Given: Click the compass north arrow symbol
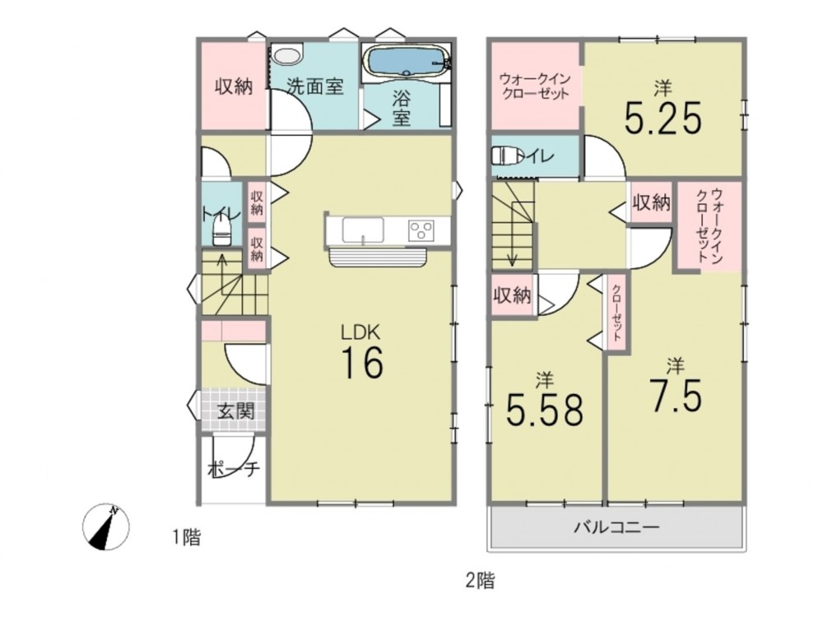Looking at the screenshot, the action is point(106,527).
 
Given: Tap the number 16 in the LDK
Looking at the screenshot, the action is point(363,363).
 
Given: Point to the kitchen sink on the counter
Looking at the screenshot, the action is point(363,230).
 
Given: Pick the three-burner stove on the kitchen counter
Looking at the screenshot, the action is point(421,230).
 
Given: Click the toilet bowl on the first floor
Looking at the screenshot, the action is point(222,231).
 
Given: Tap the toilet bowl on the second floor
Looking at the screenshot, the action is point(508,155).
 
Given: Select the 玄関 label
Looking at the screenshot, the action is point(235,411).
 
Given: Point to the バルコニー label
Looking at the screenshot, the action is point(616,527).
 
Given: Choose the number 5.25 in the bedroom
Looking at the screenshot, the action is point(663,118).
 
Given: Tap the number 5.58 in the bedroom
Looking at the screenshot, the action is point(544,410).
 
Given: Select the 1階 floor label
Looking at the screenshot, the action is point(187,537).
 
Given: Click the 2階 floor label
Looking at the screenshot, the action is point(480,580).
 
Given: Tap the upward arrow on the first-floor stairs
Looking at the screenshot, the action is point(222,274).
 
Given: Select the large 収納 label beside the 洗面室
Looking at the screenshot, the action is point(234,86).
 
